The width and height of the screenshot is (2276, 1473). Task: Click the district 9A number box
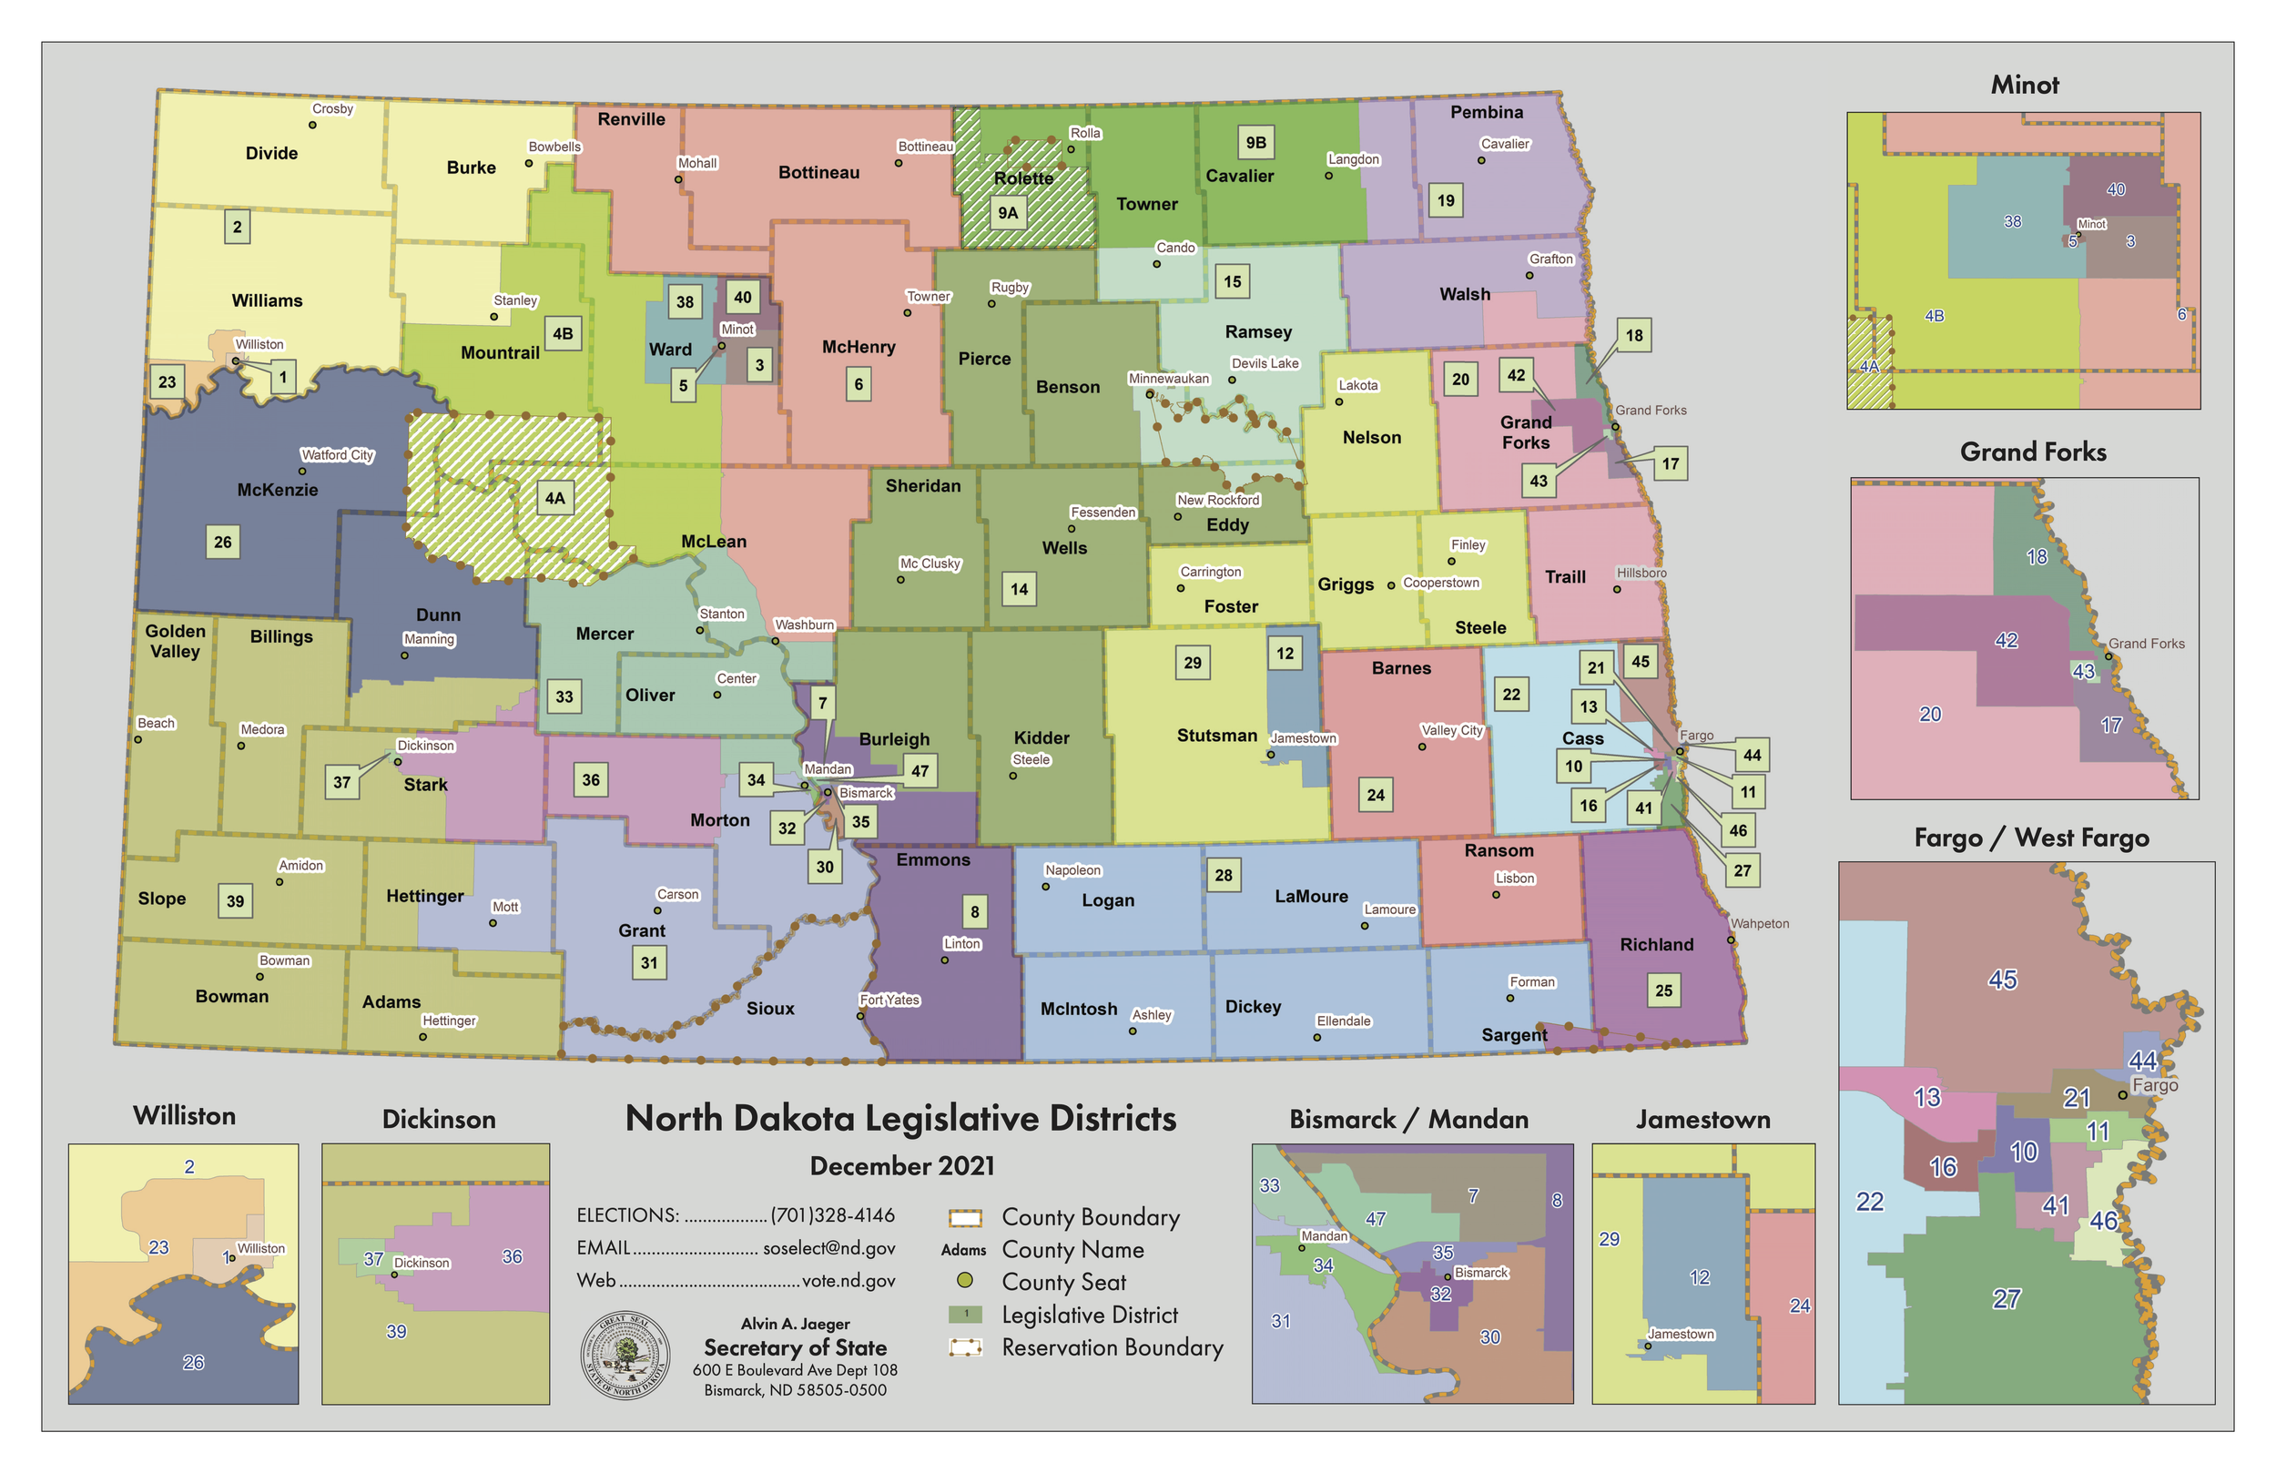[1008, 212]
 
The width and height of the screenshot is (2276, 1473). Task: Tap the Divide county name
[271, 153]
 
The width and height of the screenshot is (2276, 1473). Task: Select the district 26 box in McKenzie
[223, 542]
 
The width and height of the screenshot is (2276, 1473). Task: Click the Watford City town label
[337, 455]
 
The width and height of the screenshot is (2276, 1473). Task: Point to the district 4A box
[555, 497]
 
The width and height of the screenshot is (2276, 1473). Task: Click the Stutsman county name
[1216, 736]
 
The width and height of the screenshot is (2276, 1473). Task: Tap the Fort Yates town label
[889, 1001]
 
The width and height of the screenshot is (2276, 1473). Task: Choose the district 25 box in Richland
[1664, 990]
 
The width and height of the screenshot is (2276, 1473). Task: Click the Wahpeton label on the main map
[1760, 924]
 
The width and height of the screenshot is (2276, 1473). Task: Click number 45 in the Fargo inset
[2002, 980]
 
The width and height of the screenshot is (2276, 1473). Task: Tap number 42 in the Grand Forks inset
[2006, 641]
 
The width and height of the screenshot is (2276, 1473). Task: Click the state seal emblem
[625, 1356]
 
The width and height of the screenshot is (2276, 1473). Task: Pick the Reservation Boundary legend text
[1113, 1347]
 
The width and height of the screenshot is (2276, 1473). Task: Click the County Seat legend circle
[965, 1281]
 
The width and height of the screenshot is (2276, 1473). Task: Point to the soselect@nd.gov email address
[829, 1248]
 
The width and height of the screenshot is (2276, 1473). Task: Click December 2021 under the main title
[902, 1166]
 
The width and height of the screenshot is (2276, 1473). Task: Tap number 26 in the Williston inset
[193, 1362]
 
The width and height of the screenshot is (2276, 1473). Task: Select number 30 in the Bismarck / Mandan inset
[1490, 1337]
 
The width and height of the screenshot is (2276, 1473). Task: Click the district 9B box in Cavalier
[1255, 143]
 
